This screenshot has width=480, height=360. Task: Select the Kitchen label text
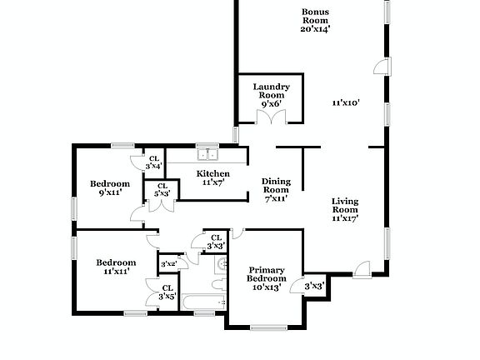click(x=212, y=173)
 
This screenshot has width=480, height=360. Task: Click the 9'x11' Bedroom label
click(x=110, y=184)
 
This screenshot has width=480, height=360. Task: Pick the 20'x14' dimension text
click(x=315, y=28)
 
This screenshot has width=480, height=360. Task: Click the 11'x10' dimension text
click(x=345, y=102)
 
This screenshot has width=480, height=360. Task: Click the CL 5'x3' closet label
click(x=162, y=190)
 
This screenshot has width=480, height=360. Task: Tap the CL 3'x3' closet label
click(x=215, y=242)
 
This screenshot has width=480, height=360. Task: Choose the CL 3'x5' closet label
click(x=167, y=292)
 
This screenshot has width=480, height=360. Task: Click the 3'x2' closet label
click(x=168, y=264)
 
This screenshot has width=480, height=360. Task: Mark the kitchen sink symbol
click(x=206, y=154)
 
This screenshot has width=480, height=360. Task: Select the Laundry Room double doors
click(x=271, y=118)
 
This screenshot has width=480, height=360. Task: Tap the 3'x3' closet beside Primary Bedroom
click(x=314, y=287)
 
